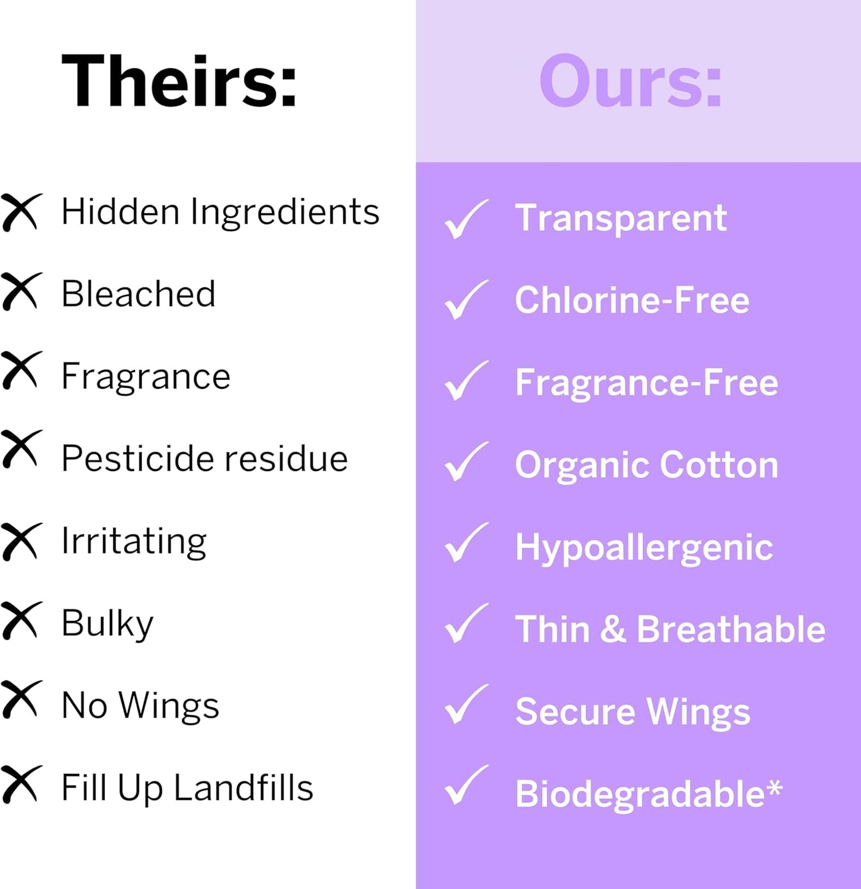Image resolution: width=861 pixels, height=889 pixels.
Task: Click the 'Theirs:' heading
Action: click(179, 81)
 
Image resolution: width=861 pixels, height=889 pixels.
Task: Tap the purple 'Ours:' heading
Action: click(630, 81)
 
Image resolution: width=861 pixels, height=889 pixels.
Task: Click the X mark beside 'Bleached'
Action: click(21, 291)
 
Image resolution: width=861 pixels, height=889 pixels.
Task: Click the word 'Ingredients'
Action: click(284, 213)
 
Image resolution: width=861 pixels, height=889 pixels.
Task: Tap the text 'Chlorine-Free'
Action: click(632, 300)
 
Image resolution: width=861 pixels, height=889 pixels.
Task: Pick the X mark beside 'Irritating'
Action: click(21, 541)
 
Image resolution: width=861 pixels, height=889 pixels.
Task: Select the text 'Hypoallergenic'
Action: click(644, 548)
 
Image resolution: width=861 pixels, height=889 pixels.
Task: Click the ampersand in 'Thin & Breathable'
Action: click(613, 629)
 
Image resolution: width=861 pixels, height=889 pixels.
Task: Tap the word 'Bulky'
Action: click(107, 624)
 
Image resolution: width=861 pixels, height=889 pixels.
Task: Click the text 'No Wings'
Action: click(140, 706)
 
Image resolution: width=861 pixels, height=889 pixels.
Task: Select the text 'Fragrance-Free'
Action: click(646, 382)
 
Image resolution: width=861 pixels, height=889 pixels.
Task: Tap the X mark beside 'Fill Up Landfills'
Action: click(21, 784)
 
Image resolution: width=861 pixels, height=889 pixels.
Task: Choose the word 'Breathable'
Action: click(731, 629)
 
